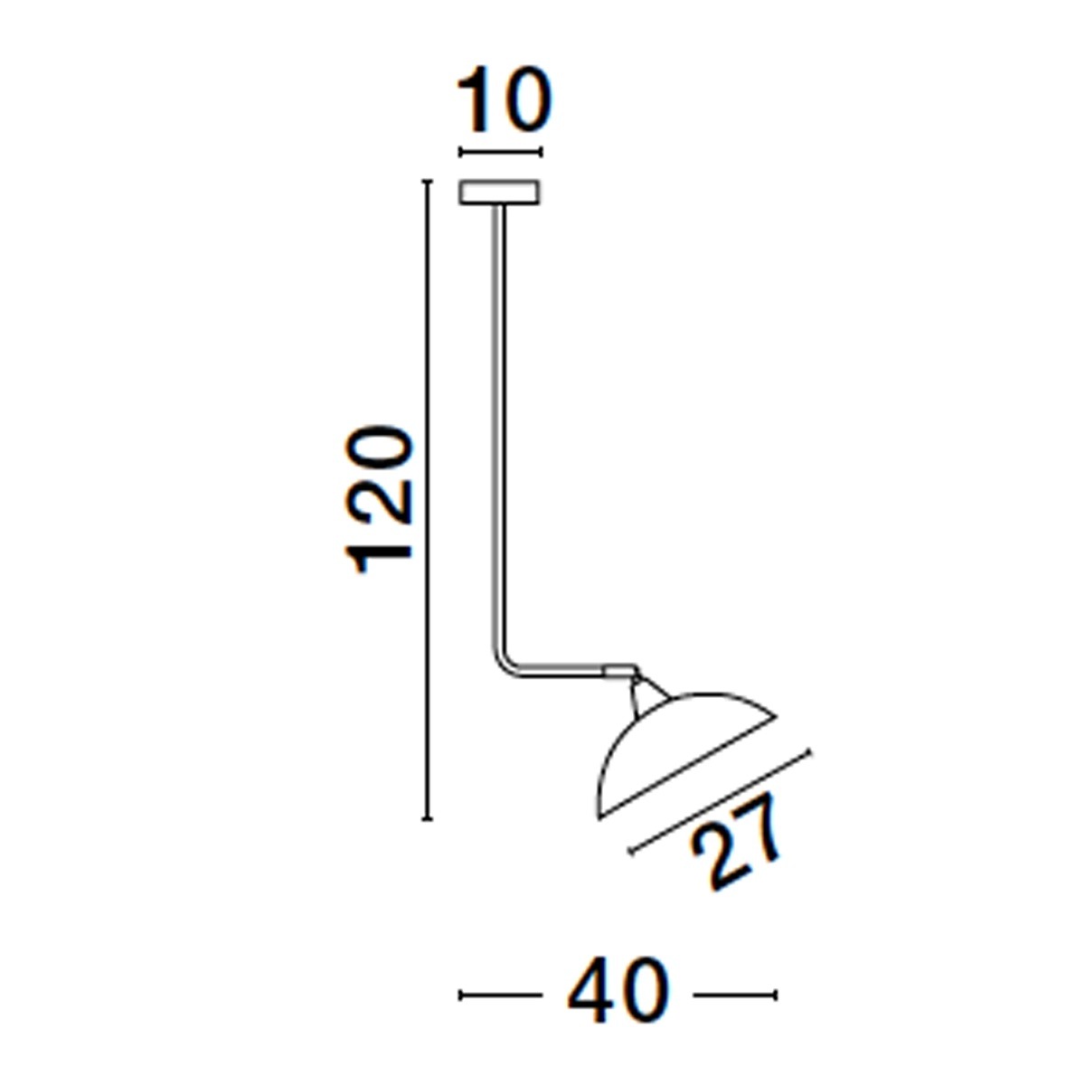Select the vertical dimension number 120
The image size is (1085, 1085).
(x=381, y=499)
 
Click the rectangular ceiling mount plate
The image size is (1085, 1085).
(x=500, y=193)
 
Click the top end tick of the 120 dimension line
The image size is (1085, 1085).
(x=427, y=183)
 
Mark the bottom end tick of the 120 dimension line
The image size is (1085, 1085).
(x=427, y=818)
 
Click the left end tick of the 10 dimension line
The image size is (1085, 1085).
(x=461, y=153)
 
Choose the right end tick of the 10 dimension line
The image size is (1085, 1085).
(x=540, y=153)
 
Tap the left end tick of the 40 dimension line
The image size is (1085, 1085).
(x=462, y=995)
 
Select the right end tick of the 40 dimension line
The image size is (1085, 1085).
(x=775, y=995)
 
